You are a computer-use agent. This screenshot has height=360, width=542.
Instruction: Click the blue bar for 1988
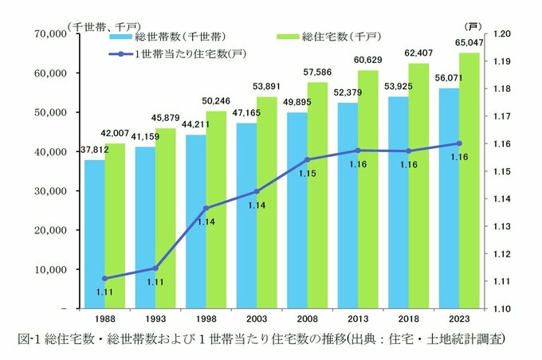pyautogui.click(x=95, y=233)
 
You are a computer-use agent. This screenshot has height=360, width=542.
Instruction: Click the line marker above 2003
pyautogui.click(x=256, y=191)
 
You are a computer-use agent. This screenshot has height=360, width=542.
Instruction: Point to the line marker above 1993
pyautogui.click(x=155, y=268)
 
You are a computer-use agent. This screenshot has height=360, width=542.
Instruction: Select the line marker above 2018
pyautogui.click(x=408, y=151)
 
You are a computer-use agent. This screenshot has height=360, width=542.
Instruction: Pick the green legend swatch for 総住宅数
pyautogui.click(x=285, y=37)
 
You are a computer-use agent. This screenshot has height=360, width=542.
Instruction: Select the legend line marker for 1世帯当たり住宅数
pyautogui.click(x=120, y=54)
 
